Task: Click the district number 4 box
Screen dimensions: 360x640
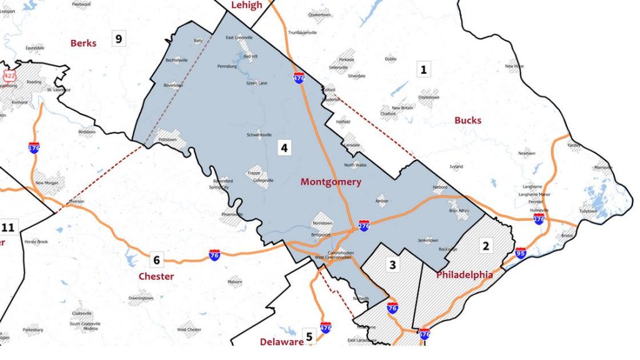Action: pos(284,148)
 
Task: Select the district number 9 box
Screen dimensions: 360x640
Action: pos(118,39)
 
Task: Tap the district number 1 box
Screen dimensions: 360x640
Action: pos(424,69)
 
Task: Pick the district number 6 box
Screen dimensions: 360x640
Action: pos(156,260)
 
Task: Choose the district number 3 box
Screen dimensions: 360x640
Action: pos(392,265)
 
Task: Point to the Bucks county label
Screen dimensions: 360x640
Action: pos(468,120)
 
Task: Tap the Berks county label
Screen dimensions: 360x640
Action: pos(84,43)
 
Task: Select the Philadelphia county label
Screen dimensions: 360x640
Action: pos(464,275)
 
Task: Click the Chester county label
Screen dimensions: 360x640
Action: pos(156,276)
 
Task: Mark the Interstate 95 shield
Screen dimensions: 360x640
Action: pos(521,254)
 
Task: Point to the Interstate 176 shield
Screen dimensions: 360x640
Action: pos(34,148)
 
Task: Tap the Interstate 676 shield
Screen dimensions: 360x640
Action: pos(424,334)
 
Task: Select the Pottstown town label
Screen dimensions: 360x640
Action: pos(166,139)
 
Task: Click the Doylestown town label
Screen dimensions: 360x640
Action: pos(429,97)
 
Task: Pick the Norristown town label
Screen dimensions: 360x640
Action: pos(322,224)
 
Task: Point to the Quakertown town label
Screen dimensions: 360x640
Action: pos(319,14)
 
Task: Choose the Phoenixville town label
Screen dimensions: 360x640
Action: pos(232,214)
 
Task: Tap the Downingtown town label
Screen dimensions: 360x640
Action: pos(141,298)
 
